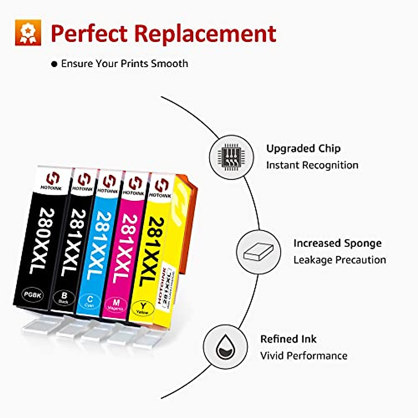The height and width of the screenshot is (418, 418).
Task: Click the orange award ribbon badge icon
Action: pyautogui.click(x=28, y=32)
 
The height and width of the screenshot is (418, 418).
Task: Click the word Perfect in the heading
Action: pyautogui.click(x=89, y=33)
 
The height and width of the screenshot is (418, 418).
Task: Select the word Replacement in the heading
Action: pyautogui.click(x=205, y=33)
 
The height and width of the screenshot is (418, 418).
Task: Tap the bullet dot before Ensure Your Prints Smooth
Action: pyautogui.click(x=54, y=64)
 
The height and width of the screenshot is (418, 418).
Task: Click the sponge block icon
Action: pyautogui.click(x=258, y=252)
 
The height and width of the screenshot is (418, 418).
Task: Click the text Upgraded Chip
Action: pyautogui.click(x=303, y=149)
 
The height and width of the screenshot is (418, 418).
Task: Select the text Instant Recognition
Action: pyautogui.click(x=312, y=165)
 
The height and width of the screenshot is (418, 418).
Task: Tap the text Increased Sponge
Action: pyautogui.click(x=337, y=243)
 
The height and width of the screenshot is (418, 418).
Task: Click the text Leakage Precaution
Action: pyautogui.click(x=340, y=260)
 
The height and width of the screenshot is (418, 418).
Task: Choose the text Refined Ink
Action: pyautogui.click(x=288, y=339)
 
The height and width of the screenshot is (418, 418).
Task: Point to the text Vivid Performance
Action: pyautogui.click(x=304, y=356)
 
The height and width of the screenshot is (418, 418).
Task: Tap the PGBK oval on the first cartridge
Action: pyautogui.click(x=33, y=295)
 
